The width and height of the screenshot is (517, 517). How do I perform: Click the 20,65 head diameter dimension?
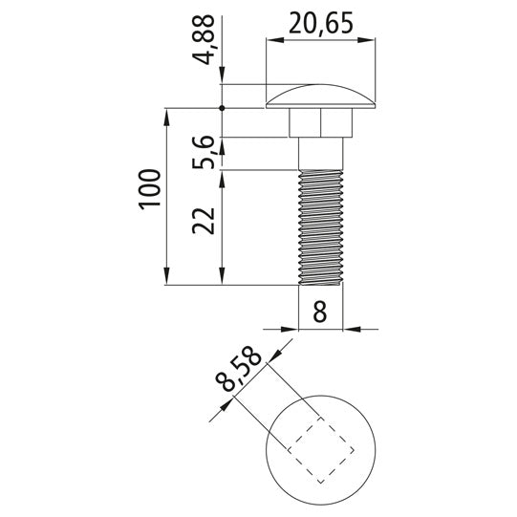(321, 23)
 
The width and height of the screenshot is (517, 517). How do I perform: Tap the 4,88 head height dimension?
(204, 39)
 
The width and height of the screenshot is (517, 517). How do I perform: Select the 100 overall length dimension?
(150, 189)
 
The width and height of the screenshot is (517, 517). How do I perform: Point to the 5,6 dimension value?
(204, 152)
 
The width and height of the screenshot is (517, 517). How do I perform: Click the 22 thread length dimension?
(204, 221)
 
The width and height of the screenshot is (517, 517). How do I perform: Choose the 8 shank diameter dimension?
(320, 311)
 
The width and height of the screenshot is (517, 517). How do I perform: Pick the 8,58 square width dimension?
(238, 368)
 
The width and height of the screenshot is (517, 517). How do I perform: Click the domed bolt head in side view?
(320, 97)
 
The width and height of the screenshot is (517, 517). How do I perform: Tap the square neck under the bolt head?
(320, 122)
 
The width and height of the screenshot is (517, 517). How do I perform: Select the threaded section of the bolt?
(320, 227)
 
